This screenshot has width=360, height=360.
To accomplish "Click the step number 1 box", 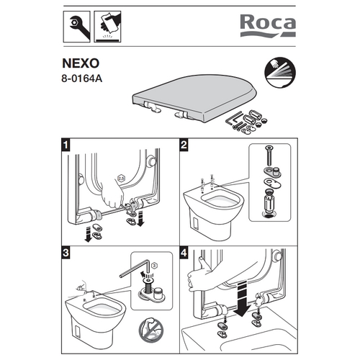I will coord(66,147).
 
